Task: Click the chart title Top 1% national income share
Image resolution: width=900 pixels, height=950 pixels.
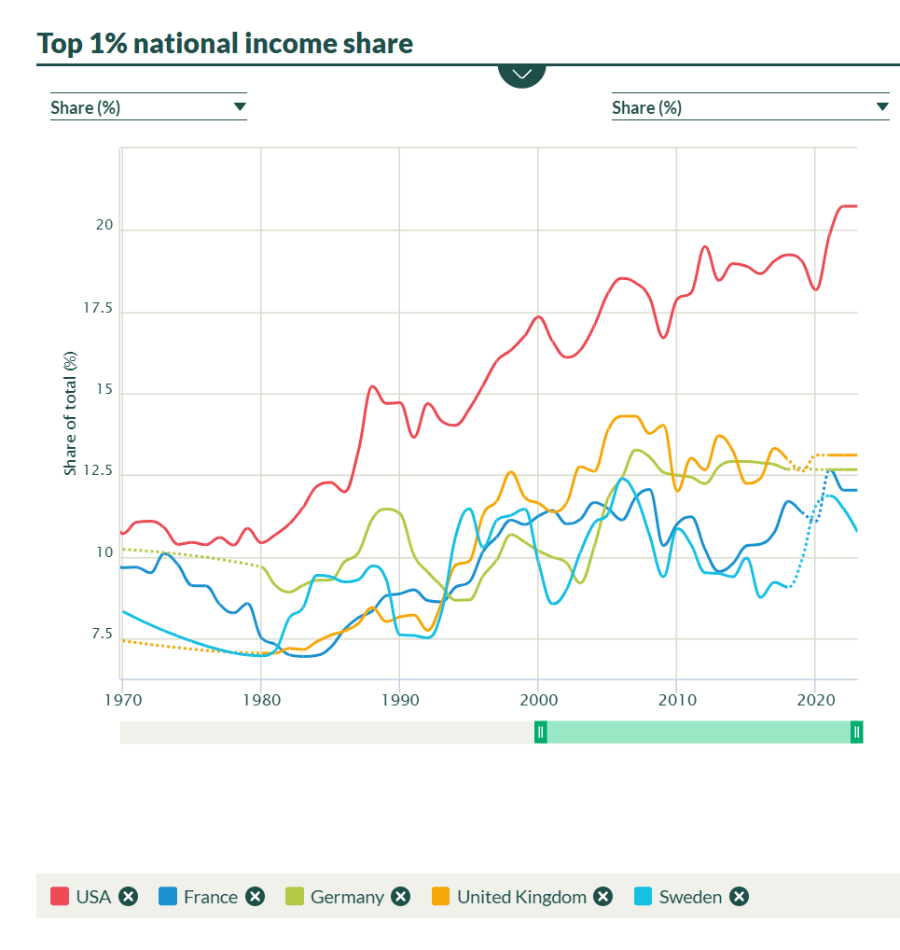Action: coord(225,43)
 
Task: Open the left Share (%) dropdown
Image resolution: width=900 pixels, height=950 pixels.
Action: coord(148,107)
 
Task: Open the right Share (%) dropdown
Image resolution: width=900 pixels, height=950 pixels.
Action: coord(750,107)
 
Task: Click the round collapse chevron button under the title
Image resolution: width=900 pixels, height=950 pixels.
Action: coord(521,74)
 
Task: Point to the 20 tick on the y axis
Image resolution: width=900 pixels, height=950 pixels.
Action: coord(104,226)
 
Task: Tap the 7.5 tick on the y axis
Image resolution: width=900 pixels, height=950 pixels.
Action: coord(100,635)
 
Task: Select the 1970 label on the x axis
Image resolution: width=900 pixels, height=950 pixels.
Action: coord(122,698)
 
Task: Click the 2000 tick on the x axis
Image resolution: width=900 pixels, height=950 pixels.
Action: coord(538,698)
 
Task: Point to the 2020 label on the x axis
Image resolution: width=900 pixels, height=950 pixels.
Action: coord(815,698)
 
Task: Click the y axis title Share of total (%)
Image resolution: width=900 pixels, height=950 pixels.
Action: coord(71,412)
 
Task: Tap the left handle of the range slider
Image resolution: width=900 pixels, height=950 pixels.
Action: coord(540,733)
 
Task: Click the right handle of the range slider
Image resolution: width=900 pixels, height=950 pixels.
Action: coord(856,733)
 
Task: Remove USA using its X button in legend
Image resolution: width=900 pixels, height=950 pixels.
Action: coord(129,897)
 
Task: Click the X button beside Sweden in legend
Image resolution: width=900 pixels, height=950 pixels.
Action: coord(739,897)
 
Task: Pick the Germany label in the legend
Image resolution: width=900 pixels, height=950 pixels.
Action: coord(347,897)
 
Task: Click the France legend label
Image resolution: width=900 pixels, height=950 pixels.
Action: coord(211,897)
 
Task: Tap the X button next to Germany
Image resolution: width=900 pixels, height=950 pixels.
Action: coord(400,897)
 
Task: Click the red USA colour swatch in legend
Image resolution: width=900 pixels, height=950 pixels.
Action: coord(60,897)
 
